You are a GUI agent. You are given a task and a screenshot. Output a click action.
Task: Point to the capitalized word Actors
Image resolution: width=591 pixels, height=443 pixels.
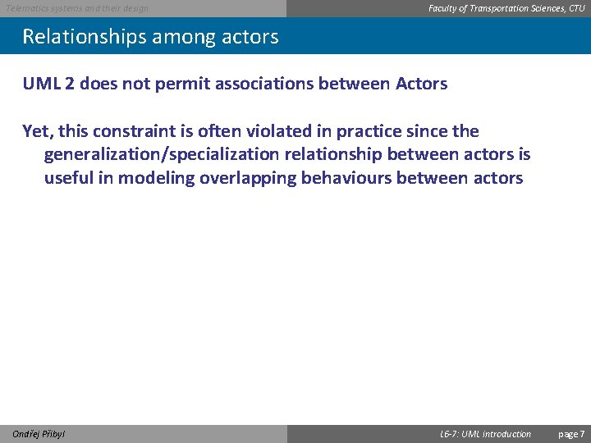(419, 84)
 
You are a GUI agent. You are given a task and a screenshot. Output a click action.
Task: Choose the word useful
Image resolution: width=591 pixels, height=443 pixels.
(68, 178)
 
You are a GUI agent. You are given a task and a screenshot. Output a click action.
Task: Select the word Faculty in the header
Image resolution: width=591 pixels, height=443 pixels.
(445, 8)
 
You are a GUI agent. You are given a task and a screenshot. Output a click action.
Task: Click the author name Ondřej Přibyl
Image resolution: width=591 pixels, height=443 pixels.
(39, 434)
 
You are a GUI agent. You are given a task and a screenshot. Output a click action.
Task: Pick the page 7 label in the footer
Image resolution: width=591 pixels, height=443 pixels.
(571, 434)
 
